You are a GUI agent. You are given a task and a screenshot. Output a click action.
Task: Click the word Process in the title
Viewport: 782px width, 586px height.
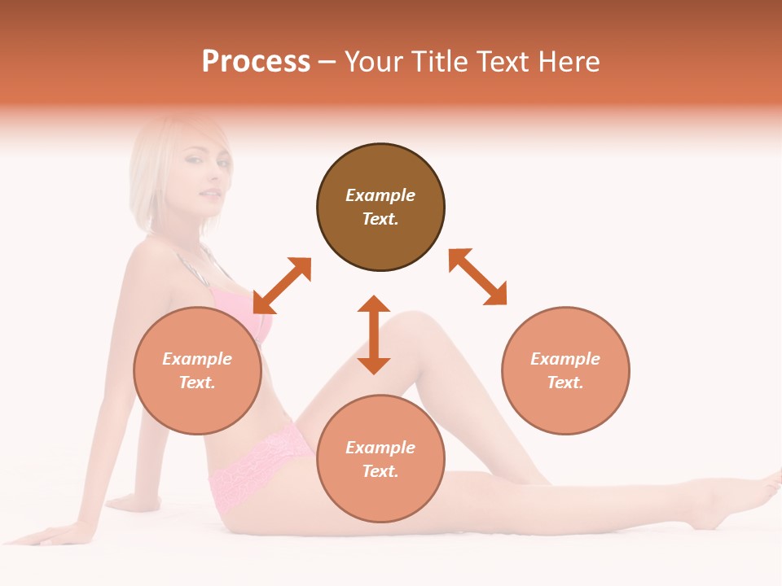coord(256,62)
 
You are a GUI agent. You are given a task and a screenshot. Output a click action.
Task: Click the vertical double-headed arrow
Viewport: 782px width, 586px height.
coord(374,335)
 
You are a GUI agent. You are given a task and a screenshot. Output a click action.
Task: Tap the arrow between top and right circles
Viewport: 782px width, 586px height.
coord(477,277)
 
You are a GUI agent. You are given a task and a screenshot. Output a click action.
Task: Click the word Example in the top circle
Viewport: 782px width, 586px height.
coord(380,195)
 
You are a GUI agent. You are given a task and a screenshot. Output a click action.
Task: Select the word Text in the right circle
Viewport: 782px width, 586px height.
coord(565,383)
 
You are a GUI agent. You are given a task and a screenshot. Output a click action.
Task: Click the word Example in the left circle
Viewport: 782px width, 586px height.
coord(197,359)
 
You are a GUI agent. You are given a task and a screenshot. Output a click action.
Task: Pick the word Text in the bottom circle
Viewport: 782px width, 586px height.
coord(380,471)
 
